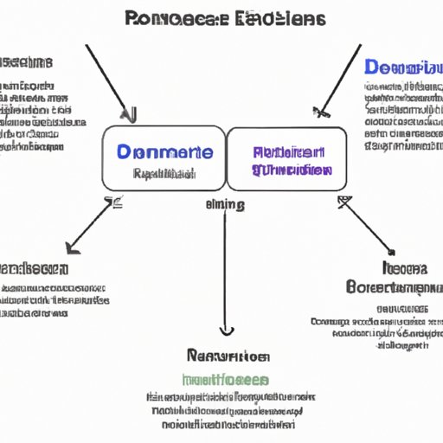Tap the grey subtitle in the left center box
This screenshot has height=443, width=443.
click(x=164, y=173)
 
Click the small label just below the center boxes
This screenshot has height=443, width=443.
click(x=224, y=205)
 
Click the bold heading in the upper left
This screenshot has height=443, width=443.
click(x=26, y=62)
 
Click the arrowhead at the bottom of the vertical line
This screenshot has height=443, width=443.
click(x=225, y=330)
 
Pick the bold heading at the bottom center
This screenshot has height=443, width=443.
click(x=227, y=355)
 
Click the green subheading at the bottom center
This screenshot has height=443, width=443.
click(x=225, y=379)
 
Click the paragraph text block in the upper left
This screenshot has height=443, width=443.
click(x=39, y=117)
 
